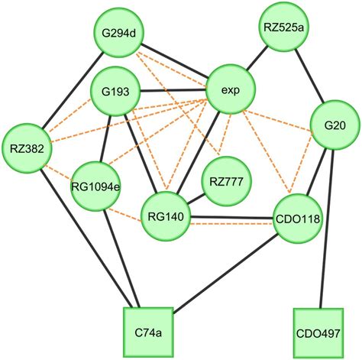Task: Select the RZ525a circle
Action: tap(283, 29)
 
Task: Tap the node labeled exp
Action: tap(231, 90)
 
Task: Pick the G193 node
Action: tap(114, 92)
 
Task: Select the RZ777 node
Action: tap(226, 182)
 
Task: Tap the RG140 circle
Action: tap(165, 216)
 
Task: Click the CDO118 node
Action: tap(297, 219)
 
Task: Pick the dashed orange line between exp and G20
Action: tap(283, 108)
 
